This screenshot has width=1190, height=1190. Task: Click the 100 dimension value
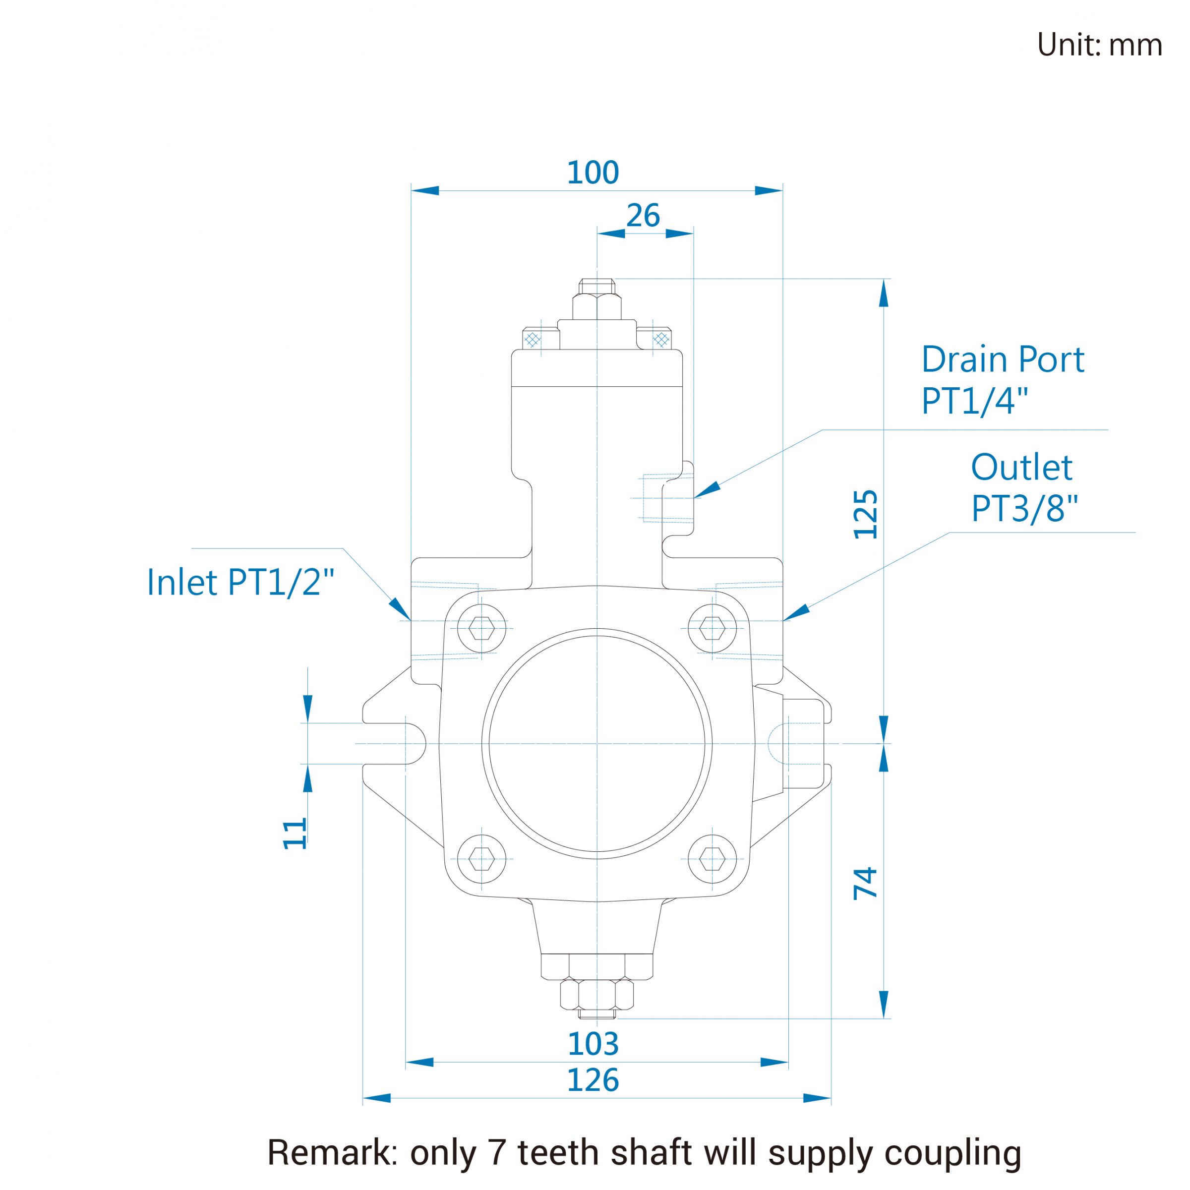[593, 173]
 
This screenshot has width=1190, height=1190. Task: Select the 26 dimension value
[643, 216]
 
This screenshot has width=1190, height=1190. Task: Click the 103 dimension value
[593, 1044]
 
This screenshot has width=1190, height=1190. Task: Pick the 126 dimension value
[593, 1080]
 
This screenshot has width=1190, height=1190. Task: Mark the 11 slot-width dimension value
[295, 833]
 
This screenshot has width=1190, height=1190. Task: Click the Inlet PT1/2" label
[240, 582]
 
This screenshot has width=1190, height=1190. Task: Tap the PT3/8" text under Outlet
[1025, 509]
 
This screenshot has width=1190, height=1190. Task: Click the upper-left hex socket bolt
[481, 628]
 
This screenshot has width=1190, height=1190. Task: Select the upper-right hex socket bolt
[712, 628]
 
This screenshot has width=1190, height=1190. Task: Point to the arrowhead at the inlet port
[400, 608]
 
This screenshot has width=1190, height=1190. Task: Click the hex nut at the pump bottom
[597, 994]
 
